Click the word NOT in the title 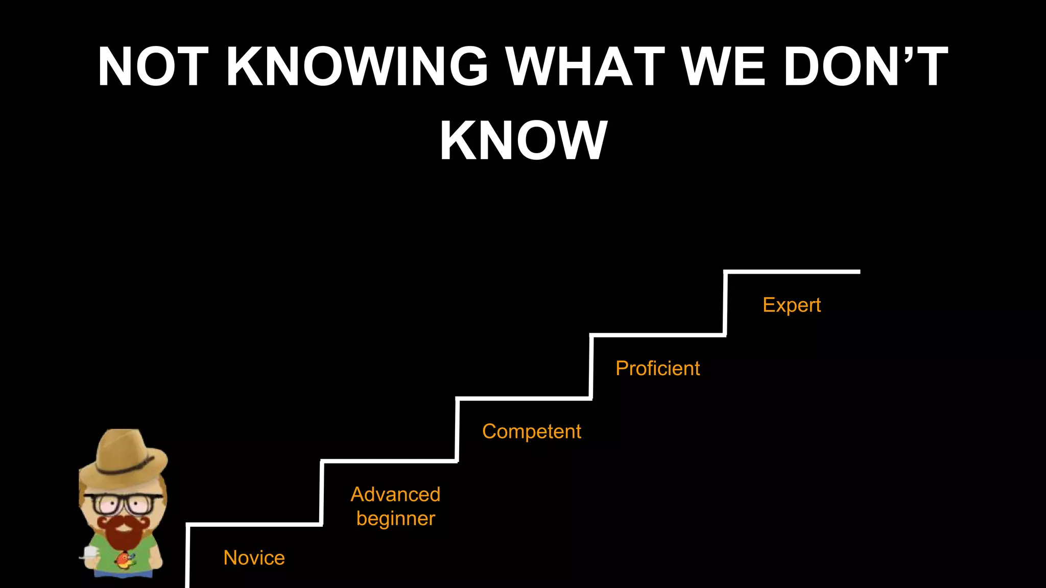point(153,66)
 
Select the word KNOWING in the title point(357,66)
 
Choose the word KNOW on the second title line point(524,140)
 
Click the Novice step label point(254,558)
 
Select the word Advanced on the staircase point(395,494)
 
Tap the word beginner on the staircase point(395,519)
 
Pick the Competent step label point(531,431)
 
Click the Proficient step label point(657,368)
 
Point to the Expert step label point(791,305)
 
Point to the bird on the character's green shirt point(124,560)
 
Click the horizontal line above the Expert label point(792,272)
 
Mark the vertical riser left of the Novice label point(187,556)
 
